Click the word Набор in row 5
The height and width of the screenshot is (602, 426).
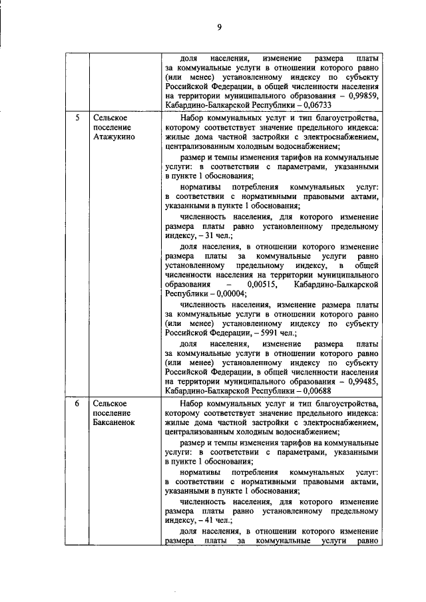tap(193, 118)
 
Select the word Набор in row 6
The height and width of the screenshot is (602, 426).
tap(193, 403)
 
